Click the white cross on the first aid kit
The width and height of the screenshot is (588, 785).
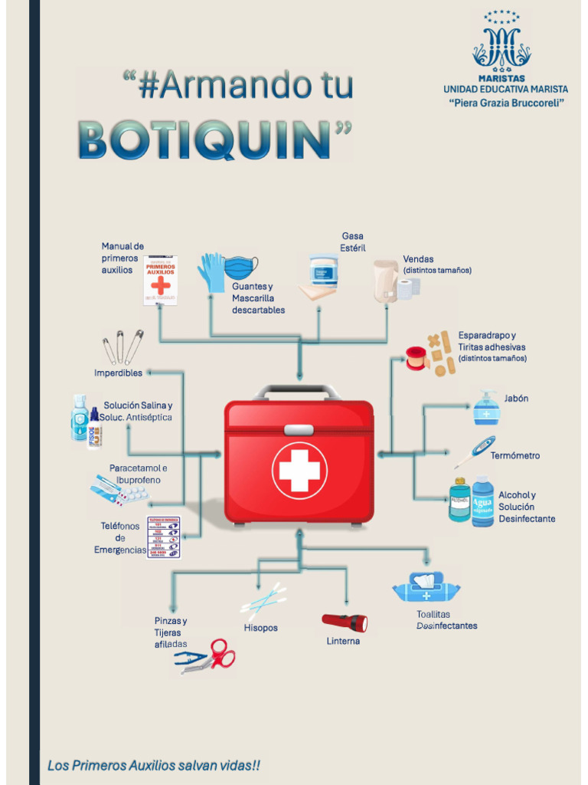(x=299, y=470)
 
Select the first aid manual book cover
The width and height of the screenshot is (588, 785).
(x=160, y=281)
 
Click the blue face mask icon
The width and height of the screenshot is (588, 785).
(x=241, y=268)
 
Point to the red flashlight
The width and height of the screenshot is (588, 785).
(x=345, y=622)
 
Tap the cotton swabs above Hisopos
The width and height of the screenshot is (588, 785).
(x=264, y=599)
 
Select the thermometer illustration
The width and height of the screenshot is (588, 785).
(x=475, y=452)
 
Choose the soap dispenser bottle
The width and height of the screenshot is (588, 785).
(x=486, y=408)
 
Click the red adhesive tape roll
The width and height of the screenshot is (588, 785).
(x=416, y=357)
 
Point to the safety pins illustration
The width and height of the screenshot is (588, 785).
(x=123, y=347)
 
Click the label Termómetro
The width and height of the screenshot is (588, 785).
(x=514, y=455)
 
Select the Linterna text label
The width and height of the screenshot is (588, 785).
(x=343, y=641)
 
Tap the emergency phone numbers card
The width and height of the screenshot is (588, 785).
(x=163, y=537)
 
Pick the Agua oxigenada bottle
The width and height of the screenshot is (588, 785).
(x=483, y=502)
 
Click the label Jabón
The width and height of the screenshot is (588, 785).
(x=516, y=399)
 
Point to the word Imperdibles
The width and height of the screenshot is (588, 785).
(x=118, y=373)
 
